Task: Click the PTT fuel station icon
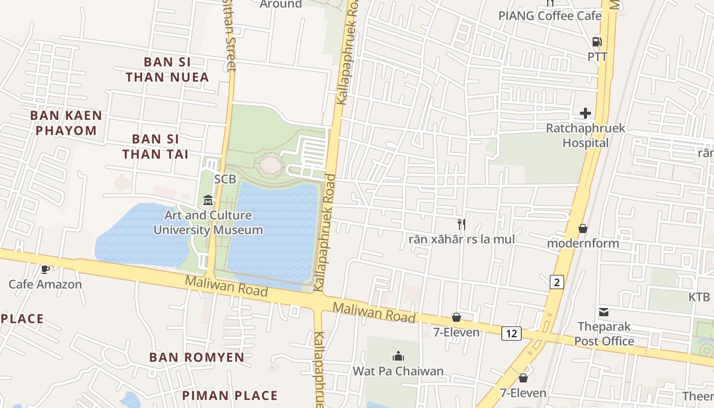597,42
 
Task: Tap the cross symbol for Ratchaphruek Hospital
585,113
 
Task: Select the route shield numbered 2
556,282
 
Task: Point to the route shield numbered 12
512,334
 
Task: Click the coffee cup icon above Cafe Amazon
45,269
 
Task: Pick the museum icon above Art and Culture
208,200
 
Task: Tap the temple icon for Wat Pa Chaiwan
398,356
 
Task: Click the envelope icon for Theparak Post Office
604,312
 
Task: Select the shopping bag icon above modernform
582,228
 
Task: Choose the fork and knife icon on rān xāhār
462,224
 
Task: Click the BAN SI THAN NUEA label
167,69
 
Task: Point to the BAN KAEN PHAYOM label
66,123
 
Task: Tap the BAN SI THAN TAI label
155,146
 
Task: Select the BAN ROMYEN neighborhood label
197,357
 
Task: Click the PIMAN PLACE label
230,395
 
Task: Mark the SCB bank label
225,179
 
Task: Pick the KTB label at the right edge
699,297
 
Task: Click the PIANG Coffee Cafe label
550,16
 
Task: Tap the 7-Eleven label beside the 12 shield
456,333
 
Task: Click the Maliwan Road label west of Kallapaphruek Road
226,286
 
